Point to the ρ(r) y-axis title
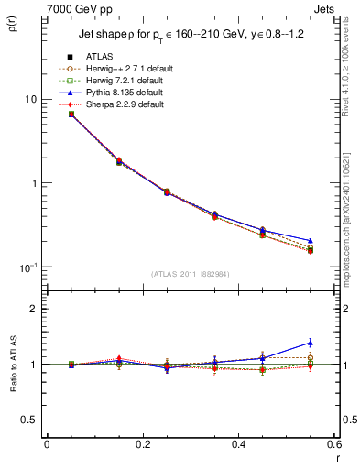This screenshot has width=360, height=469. click(17, 21)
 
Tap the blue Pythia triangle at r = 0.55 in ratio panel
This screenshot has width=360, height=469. click(310, 343)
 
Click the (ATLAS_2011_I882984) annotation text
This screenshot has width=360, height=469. click(190, 273)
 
